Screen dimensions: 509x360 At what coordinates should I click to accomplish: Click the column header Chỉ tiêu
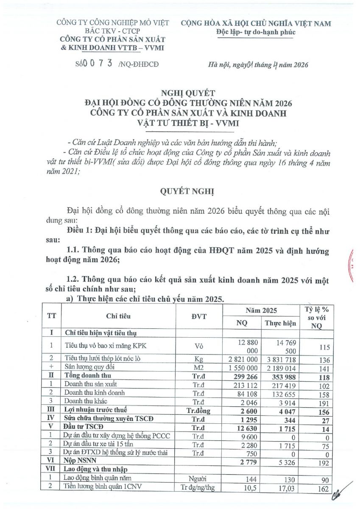[119, 316]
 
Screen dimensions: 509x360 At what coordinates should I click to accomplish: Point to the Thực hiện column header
[280, 323]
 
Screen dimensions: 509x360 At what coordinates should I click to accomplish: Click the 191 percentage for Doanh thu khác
[323, 401]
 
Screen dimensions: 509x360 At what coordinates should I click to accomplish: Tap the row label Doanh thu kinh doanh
[95, 393]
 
